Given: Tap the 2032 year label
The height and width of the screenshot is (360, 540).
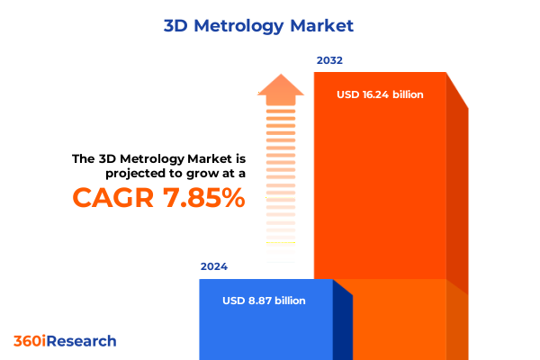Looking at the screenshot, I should [328, 60].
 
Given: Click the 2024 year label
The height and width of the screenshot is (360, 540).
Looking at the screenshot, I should [213, 266].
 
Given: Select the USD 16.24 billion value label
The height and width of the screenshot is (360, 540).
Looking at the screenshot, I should [380, 94].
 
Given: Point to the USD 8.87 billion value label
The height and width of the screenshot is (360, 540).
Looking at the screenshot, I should [264, 300].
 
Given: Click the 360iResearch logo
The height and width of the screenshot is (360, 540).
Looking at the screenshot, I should [65, 341].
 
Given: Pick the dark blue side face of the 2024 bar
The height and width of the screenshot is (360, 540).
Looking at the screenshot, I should [342, 324].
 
